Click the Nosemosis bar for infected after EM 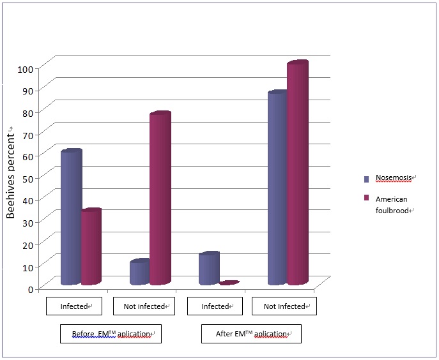click(x=208, y=269)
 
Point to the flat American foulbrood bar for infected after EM click(x=229, y=283)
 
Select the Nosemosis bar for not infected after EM click(x=277, y=188)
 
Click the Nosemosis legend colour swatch click(x=367, y=179)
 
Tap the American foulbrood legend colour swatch click(x=367, y=199)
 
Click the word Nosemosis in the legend click(x=394, y=177)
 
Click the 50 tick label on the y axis click(x=28, y=178)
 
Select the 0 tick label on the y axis click(x=31, y=289)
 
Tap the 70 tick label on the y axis click(x=28, y=135)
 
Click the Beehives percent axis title click(x=11, y=173)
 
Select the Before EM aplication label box click(x=111, y=334)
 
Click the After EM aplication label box click(x=250, y=334)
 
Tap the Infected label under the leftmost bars click(x=73, y=306)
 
